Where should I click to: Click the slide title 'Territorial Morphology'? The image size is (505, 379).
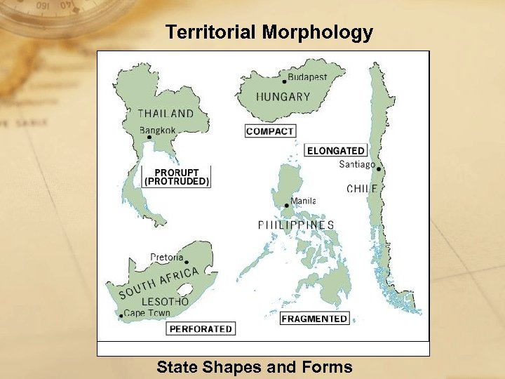(x=269, y=32)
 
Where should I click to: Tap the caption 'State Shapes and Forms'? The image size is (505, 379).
(x=254, y=366)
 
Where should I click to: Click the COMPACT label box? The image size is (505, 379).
(x=270, y=131)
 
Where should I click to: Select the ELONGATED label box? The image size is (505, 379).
(x=336, y=150)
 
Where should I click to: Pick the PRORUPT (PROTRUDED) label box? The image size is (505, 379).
(x=177, y=177)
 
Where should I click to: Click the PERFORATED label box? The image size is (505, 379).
(x=201, y=328)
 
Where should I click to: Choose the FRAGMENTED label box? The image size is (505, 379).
(x=314, y=319)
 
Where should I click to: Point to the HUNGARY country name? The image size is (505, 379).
(x=283, y=97)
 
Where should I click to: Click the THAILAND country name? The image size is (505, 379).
(x=166, y=113)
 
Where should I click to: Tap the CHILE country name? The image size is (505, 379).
(x=362, y=188)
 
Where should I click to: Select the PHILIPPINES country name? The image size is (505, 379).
(x=295, y=225)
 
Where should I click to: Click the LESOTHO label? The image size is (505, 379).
(x=166, y=301)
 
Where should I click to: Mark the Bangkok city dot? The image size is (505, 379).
(x=149, y=138)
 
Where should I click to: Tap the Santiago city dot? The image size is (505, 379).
(x=378, y=168)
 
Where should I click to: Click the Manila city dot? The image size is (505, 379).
(x=286, y=206)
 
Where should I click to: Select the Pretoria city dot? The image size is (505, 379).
(x=187, y=262)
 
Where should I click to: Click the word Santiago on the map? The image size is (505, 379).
(x=356, y=165)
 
